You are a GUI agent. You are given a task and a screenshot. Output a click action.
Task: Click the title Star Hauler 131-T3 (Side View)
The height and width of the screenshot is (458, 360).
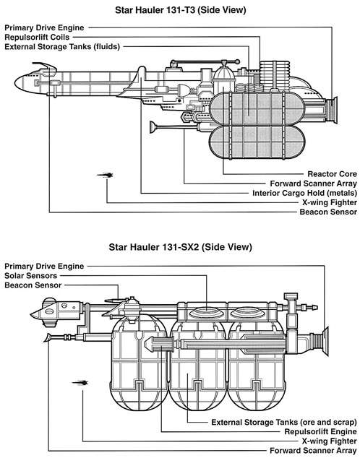[x=181, y=10]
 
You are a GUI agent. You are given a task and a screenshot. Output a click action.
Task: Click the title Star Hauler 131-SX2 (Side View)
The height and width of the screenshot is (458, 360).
[x=180, y=247]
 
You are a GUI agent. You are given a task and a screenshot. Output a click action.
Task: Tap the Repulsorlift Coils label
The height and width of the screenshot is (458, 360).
[x=37, y=38]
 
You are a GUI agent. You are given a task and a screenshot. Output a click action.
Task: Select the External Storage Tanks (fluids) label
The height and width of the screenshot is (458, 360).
[x=62, y=47]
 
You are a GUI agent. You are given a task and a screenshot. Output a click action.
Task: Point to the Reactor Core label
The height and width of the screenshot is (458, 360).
[x=333, y=174]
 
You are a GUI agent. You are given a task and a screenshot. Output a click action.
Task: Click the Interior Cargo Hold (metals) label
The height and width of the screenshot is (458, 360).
[x=305, y=193]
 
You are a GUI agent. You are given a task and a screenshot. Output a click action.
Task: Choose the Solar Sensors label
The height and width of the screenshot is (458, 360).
[x=30, y=276]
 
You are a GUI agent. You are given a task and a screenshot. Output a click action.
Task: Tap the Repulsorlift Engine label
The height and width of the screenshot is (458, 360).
[x=320, y=432]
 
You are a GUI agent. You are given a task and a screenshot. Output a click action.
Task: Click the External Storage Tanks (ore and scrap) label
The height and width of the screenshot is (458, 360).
[x=284, y=423]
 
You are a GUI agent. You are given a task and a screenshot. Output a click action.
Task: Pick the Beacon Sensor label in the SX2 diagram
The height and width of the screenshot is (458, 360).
[x=33, y=285]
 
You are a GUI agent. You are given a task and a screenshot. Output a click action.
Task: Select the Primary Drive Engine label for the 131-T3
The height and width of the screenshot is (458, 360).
[x=44, y=28]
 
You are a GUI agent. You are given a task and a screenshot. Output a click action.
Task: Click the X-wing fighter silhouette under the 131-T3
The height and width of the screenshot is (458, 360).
[x=106, y=176]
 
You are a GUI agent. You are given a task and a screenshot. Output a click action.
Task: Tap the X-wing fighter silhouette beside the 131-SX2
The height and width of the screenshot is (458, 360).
[x=80, y=383]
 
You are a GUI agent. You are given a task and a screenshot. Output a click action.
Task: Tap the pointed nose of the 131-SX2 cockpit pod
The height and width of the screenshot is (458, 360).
[x=30, y=314]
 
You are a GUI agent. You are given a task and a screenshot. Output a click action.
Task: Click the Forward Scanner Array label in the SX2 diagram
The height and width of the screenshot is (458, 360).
[x=313, y=451]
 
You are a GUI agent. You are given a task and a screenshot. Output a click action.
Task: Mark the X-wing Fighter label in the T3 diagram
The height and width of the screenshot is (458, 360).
[x=330, y=203]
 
